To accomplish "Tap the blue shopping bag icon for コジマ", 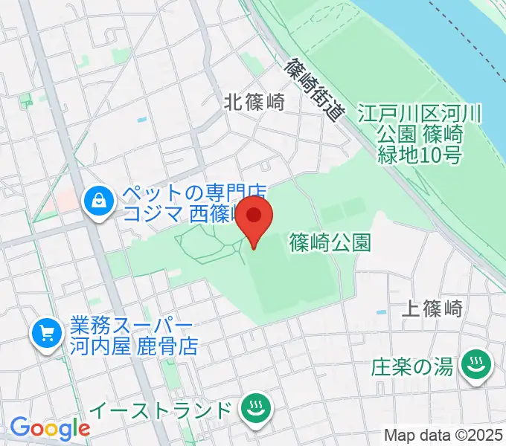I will click(98, 201).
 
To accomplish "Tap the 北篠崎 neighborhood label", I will click(254, 103).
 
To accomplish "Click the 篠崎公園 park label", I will click(330, 242).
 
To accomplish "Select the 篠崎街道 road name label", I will click(316, 90).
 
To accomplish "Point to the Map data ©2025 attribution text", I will click(443, 435).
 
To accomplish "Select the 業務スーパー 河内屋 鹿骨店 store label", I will click(130, 336).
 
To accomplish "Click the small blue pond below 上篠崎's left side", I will click(382, 311).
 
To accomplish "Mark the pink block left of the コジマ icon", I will click(68, 199).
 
